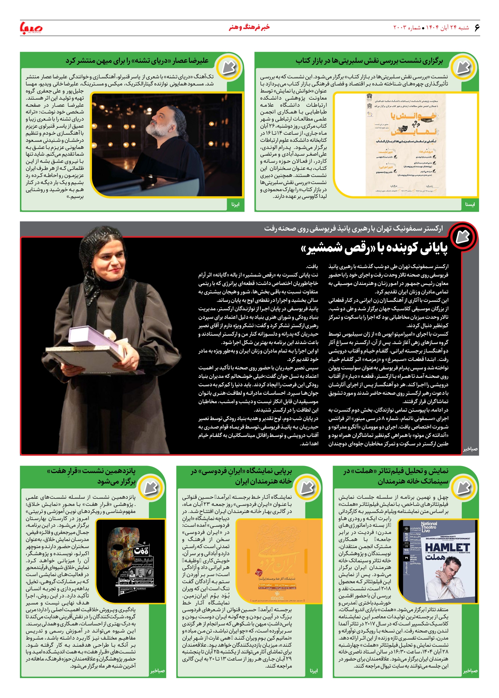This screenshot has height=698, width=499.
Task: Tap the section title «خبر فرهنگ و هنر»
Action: coord(249,27)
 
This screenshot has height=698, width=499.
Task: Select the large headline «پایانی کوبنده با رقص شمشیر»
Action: coord(374,249)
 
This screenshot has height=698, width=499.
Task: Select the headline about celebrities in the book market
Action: coord(369,61)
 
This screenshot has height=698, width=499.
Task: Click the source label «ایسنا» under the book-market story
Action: coord(470,205)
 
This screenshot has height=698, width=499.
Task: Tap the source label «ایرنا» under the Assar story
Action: coord(235,205)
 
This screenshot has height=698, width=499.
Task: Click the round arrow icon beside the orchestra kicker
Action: coord(462,237)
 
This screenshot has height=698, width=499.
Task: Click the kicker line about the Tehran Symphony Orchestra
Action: coord(353,229)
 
